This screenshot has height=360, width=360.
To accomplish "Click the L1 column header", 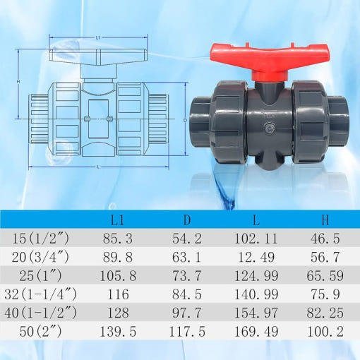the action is coord(117,220).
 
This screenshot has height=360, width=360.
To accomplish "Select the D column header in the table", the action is coord(187,220).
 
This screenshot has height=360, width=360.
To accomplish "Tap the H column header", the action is coord(325,220).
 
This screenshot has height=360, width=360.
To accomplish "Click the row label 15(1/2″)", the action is coord(40,239).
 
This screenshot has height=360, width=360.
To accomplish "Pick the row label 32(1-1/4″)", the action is coord(40,294).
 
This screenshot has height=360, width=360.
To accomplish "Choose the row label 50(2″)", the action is coord(40,331).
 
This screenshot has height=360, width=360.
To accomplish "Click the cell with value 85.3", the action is coord(118,239).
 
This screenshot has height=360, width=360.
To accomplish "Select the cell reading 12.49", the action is coord(256,257).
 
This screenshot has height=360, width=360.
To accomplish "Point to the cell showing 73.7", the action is coord(187,275).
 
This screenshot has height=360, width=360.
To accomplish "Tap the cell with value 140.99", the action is coord(256,294).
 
